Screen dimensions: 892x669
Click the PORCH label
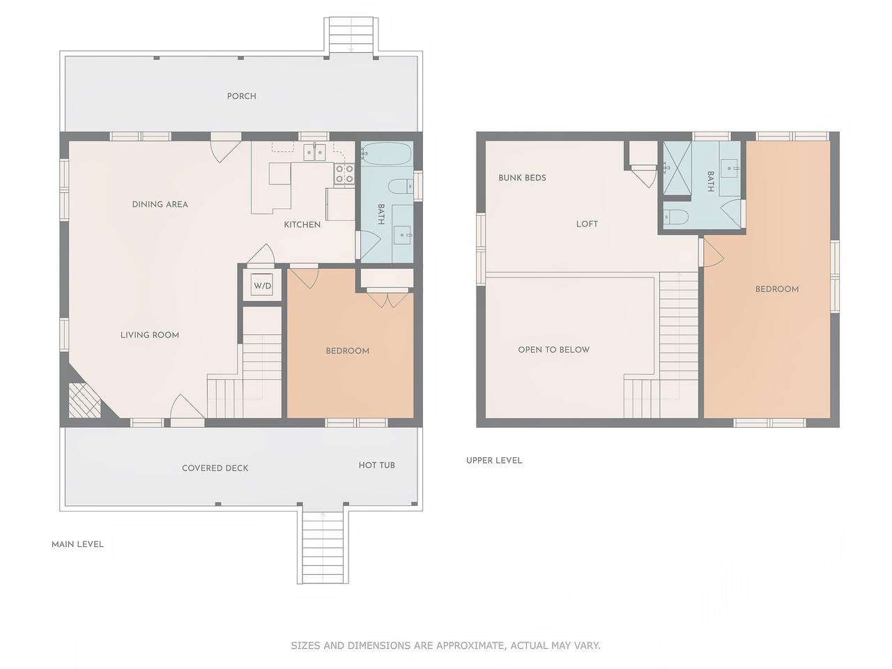(241, 96)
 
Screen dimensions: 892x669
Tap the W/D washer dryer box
(262, 286)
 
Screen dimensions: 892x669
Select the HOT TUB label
(377, 465)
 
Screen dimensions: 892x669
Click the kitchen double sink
(314, 153)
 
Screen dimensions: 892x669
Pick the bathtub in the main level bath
(387, 153)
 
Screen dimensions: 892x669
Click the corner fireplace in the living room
(84, 401)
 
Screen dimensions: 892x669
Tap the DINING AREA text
(160, 204)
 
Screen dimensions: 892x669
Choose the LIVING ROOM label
(150, 335)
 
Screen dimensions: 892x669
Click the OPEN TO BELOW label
(553, 350)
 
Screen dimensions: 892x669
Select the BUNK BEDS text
(522, 178)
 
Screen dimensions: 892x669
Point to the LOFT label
(587, 224)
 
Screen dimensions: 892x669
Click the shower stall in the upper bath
(677, 168)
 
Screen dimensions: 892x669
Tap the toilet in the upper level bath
(675, 217)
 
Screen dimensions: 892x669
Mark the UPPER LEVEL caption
(494, 460)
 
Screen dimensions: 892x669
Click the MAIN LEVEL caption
(77, 544)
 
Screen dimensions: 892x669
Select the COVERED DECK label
(215, 468)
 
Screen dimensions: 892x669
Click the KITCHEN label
(302, 224)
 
